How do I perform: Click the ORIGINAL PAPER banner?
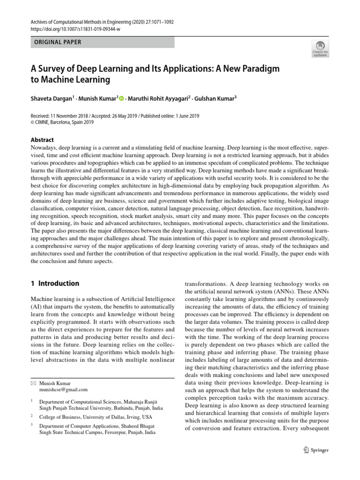click(x=103, y=42)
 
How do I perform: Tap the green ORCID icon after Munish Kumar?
click(x=122, y=98)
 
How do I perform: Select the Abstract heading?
click(x=42, y=140)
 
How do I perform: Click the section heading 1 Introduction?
click(x=55, y=284)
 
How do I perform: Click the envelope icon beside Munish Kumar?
click(x=33, y=383)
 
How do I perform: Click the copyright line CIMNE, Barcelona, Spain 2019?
click(x=65, y=123)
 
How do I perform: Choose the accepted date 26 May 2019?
click(x=120, y=116)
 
